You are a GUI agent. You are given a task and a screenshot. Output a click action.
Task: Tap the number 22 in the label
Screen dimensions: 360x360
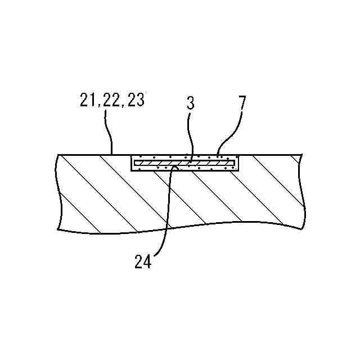click(x=112, y=101)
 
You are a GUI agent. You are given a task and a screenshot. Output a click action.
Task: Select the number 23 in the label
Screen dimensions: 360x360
click(x=136, y=101)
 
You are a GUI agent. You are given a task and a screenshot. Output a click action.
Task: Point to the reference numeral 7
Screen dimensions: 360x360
click(x=241, y=103)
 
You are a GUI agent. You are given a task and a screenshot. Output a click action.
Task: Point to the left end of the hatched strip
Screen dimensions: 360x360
click(x=135, y=163)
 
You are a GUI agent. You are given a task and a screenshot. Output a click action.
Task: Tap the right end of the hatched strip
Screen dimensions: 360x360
click(x=233, y=163)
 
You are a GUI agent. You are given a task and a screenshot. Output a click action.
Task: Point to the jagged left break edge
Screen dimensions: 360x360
click(x=59, y=191)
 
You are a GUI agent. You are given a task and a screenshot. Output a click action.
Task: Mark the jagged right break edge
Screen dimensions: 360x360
click(x=303, y=191)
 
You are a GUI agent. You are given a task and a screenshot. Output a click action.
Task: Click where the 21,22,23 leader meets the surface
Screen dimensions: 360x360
click(x=112, y=154)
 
